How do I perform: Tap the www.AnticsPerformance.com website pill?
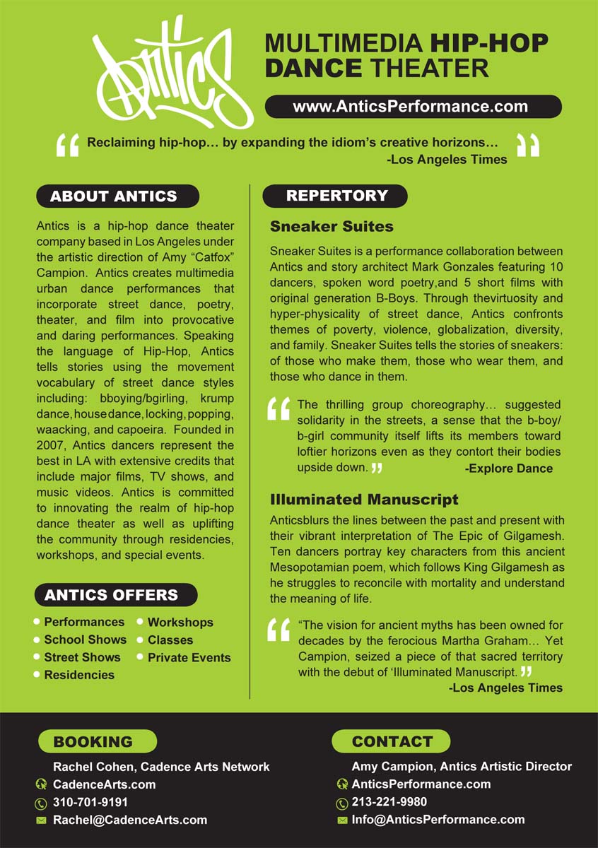click(x=413, y=107)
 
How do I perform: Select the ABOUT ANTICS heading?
click(x=117, y=196)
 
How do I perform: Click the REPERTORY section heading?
click(x=336, y=196)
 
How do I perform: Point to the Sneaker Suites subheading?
click(x=332, y=227)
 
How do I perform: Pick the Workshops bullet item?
click(x=180, y=623)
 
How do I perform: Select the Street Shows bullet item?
click(x=82, y=657)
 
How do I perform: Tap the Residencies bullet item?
click(x=79, y=675)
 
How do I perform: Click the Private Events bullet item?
click(x=189, y=657)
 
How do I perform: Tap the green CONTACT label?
click(x=392, y=741)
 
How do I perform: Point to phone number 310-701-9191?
click(x=90, y=802)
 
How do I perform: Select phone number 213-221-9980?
click(x=389, y=802)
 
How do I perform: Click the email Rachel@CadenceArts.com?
click(x=130, y=820)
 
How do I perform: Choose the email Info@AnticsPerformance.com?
click(x=438, y=820)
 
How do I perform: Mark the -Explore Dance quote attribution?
click(x=509, y=468)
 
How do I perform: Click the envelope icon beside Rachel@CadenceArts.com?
click(x=41, y=820)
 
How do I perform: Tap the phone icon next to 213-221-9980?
click(x=342, y=803)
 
